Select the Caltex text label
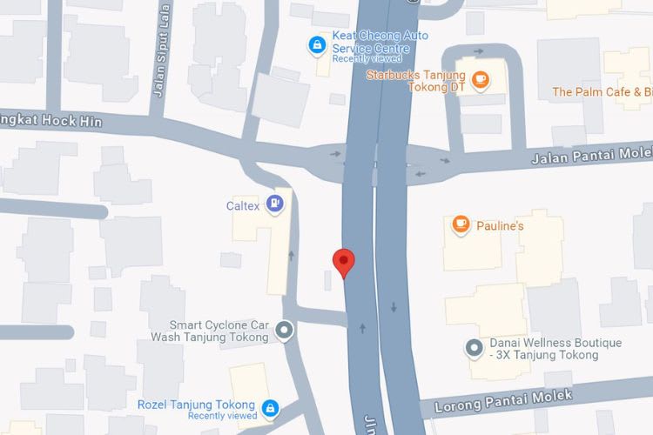click(244, 205)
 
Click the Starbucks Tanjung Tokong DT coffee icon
click(480, 80)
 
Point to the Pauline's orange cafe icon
click(461, 225)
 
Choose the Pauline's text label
click(500, 226)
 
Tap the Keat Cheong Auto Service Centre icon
click(317, 43)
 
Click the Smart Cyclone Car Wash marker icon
click(284, 330)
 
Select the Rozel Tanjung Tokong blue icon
click(271, 406)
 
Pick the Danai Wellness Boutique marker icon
click(474, 348)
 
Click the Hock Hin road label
click(52, 120)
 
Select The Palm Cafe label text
click(602, 92)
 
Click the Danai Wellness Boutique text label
click(555, 349)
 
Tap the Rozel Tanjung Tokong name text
click(196, 405)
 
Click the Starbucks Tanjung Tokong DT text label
click(416, 81)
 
